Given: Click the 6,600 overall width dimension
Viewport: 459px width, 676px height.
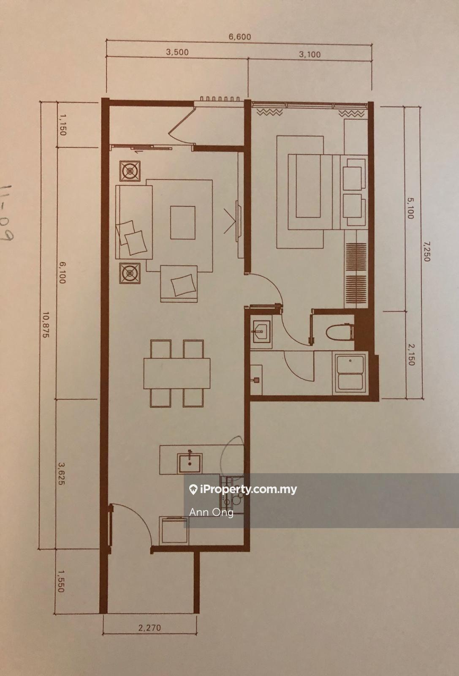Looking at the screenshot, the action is click(x=240, y=37).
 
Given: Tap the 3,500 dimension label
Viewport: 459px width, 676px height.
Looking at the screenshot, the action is click(x=177, y=52).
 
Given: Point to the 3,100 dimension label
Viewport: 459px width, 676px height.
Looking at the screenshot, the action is click(x=310, y=55).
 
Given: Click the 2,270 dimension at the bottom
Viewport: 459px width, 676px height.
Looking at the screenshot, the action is click(x=149, y=628).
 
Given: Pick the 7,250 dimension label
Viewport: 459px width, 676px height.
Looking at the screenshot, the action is click(x=426, y=251).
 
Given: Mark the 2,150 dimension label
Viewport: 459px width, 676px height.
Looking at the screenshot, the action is click(x=411, y=355).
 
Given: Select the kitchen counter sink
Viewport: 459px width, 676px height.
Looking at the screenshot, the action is click(x=190, y=463).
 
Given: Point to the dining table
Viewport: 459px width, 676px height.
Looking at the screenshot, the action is click(x=177, y=373).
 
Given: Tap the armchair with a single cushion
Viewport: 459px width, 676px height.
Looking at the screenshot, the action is click(x=179, y=284).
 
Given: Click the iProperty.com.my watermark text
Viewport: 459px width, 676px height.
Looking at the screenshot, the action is click(x=243, y=489).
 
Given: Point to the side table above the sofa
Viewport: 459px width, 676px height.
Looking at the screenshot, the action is click(x=130, y=171).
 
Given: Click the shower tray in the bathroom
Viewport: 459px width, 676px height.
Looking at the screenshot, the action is click(x=350, y=373).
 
